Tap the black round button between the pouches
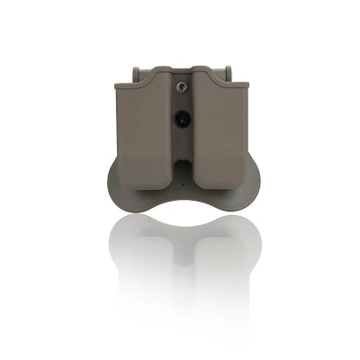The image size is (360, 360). click(181, 118)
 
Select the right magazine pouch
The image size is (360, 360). click(218, 130)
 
